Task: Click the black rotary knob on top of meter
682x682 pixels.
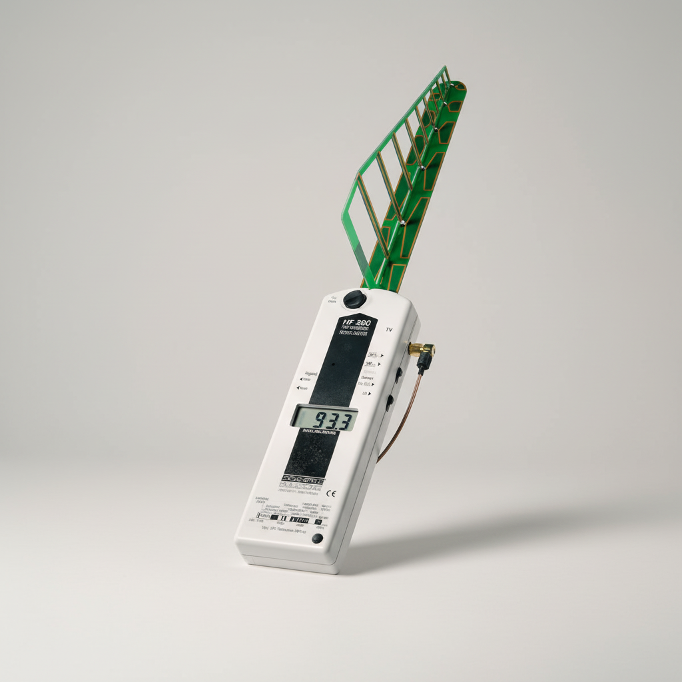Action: click(x=354, y=299)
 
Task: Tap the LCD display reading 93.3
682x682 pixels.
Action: click(x=324, y=418)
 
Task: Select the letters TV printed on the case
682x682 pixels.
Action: click(x=390, y=330)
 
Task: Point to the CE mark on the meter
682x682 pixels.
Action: click(x=332, y=494)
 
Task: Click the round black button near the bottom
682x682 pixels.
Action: click(x=318, y=539)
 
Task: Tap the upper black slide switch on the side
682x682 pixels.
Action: click(x=398, y=374)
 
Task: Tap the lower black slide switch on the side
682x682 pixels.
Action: click(x=390, y=402)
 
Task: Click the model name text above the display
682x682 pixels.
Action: click(x=353, y=326)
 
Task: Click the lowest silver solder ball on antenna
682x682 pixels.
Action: click(x=404, y=222)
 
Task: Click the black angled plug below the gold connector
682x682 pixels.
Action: click(x=423, y=362)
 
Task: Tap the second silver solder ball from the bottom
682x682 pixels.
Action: click(x=422, y=165)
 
